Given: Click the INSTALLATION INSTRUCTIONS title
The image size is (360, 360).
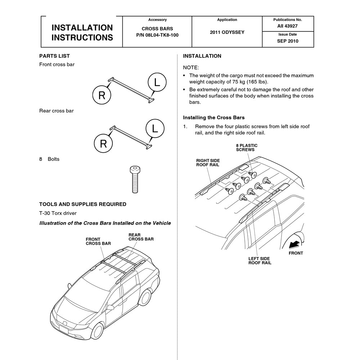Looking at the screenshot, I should tap(82, 32).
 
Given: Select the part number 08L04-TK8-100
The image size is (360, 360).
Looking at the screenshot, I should tap(157, 35).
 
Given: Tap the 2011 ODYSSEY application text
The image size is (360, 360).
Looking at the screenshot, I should tap(227, 32).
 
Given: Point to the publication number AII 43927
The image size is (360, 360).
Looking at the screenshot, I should tap(287, 26).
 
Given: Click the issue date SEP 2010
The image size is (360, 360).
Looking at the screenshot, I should tap(287, 41).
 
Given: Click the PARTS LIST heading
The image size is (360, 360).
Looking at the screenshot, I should tap(54, 56).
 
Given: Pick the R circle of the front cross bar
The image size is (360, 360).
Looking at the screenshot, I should tap(102, 95).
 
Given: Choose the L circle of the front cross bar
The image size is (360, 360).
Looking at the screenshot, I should tap(157, 82).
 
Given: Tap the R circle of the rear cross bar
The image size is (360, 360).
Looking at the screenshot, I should tap(103, 144).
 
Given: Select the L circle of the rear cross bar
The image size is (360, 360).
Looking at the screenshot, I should tap(155, 129).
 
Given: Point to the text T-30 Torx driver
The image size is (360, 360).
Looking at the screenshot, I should tap(58, 213).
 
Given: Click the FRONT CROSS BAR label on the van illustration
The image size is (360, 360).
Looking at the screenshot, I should tap(98, 241).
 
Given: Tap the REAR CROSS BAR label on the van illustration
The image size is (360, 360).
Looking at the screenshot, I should tap(141, 237).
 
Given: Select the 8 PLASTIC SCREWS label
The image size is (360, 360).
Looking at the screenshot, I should tap(247, 148).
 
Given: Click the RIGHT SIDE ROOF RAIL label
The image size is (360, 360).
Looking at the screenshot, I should tap(208, 163).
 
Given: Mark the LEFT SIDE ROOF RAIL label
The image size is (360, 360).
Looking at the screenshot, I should tap(260, 261).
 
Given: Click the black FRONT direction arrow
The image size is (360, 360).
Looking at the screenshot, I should tap(294, 244).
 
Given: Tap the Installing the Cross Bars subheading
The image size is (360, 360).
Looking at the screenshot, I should tap(213, 118).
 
